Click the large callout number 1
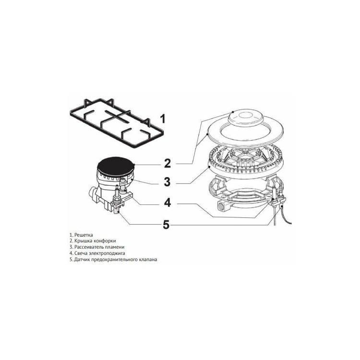163,119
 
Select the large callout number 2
167,164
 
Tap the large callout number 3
167,182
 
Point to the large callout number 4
168,203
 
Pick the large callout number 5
166,224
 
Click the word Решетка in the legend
84,235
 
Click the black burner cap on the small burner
116,167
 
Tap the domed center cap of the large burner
245,117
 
